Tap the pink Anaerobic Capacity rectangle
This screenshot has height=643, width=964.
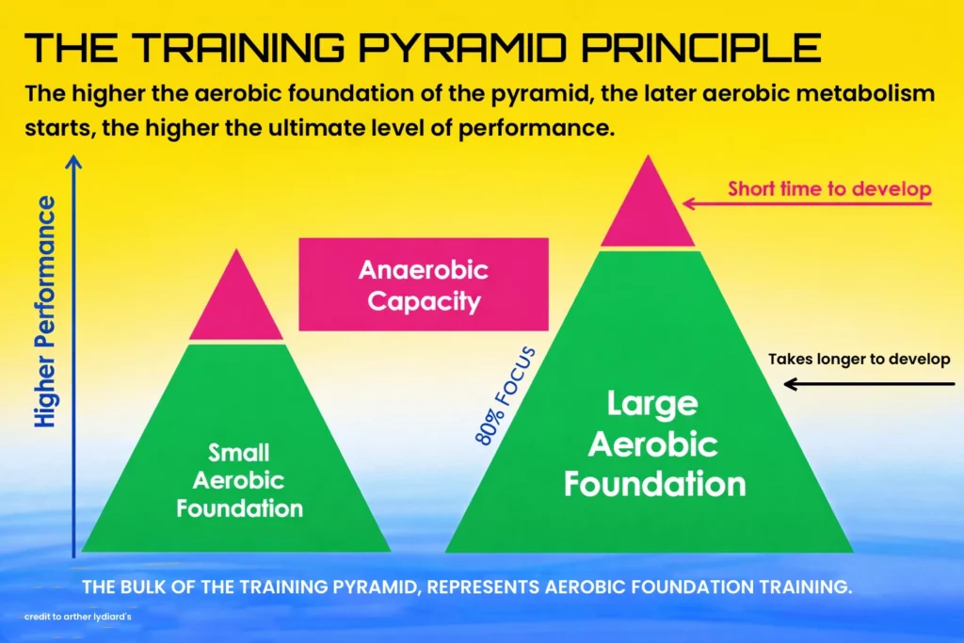[424, 284]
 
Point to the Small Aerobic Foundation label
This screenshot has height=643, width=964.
[239, 481]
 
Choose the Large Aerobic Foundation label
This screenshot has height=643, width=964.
[654, 443]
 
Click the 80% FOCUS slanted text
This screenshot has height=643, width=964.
[506, 396]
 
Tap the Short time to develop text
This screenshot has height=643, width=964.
[829, 189]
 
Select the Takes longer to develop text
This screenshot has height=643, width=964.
[859, 359]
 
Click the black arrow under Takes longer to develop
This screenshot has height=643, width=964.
[867, 383]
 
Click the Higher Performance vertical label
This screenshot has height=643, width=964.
[46, 312]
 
